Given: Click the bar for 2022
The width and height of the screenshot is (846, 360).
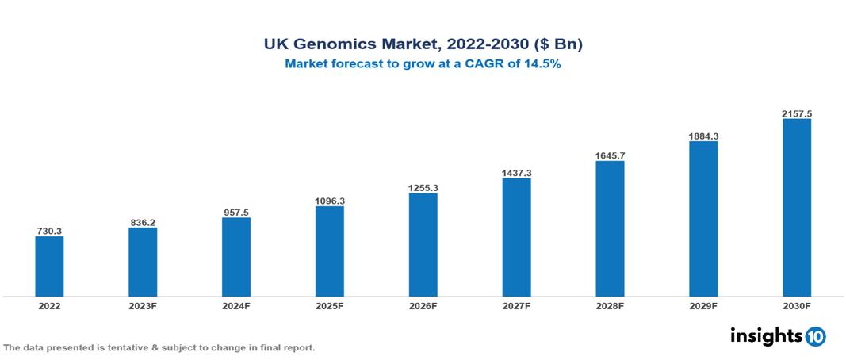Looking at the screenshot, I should tap(49, 266).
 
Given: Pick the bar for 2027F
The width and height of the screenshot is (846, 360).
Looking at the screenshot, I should tap(516, 237).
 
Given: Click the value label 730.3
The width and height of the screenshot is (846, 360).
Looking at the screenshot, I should tap(49, 231).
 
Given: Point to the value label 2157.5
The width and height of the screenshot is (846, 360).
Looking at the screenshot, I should tap(796, 114).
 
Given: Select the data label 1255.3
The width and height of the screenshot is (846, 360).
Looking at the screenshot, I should tap(423, 188).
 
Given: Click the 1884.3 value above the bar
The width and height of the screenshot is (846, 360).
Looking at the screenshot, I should tap(703, 136).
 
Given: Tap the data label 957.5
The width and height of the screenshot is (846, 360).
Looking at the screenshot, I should tap(236, 213).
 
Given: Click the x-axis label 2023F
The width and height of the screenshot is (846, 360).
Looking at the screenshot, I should tap(143, 306).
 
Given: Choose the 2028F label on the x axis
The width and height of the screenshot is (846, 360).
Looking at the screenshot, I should tap(610, 306).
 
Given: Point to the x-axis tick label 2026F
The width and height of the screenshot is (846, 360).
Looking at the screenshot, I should tap(423, 306).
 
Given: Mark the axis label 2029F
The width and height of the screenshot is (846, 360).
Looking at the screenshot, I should tap(703, 306).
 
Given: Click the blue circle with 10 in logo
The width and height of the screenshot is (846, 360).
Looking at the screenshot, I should tap(815, 336).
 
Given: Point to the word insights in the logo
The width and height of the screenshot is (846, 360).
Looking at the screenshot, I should tap(767, 335).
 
